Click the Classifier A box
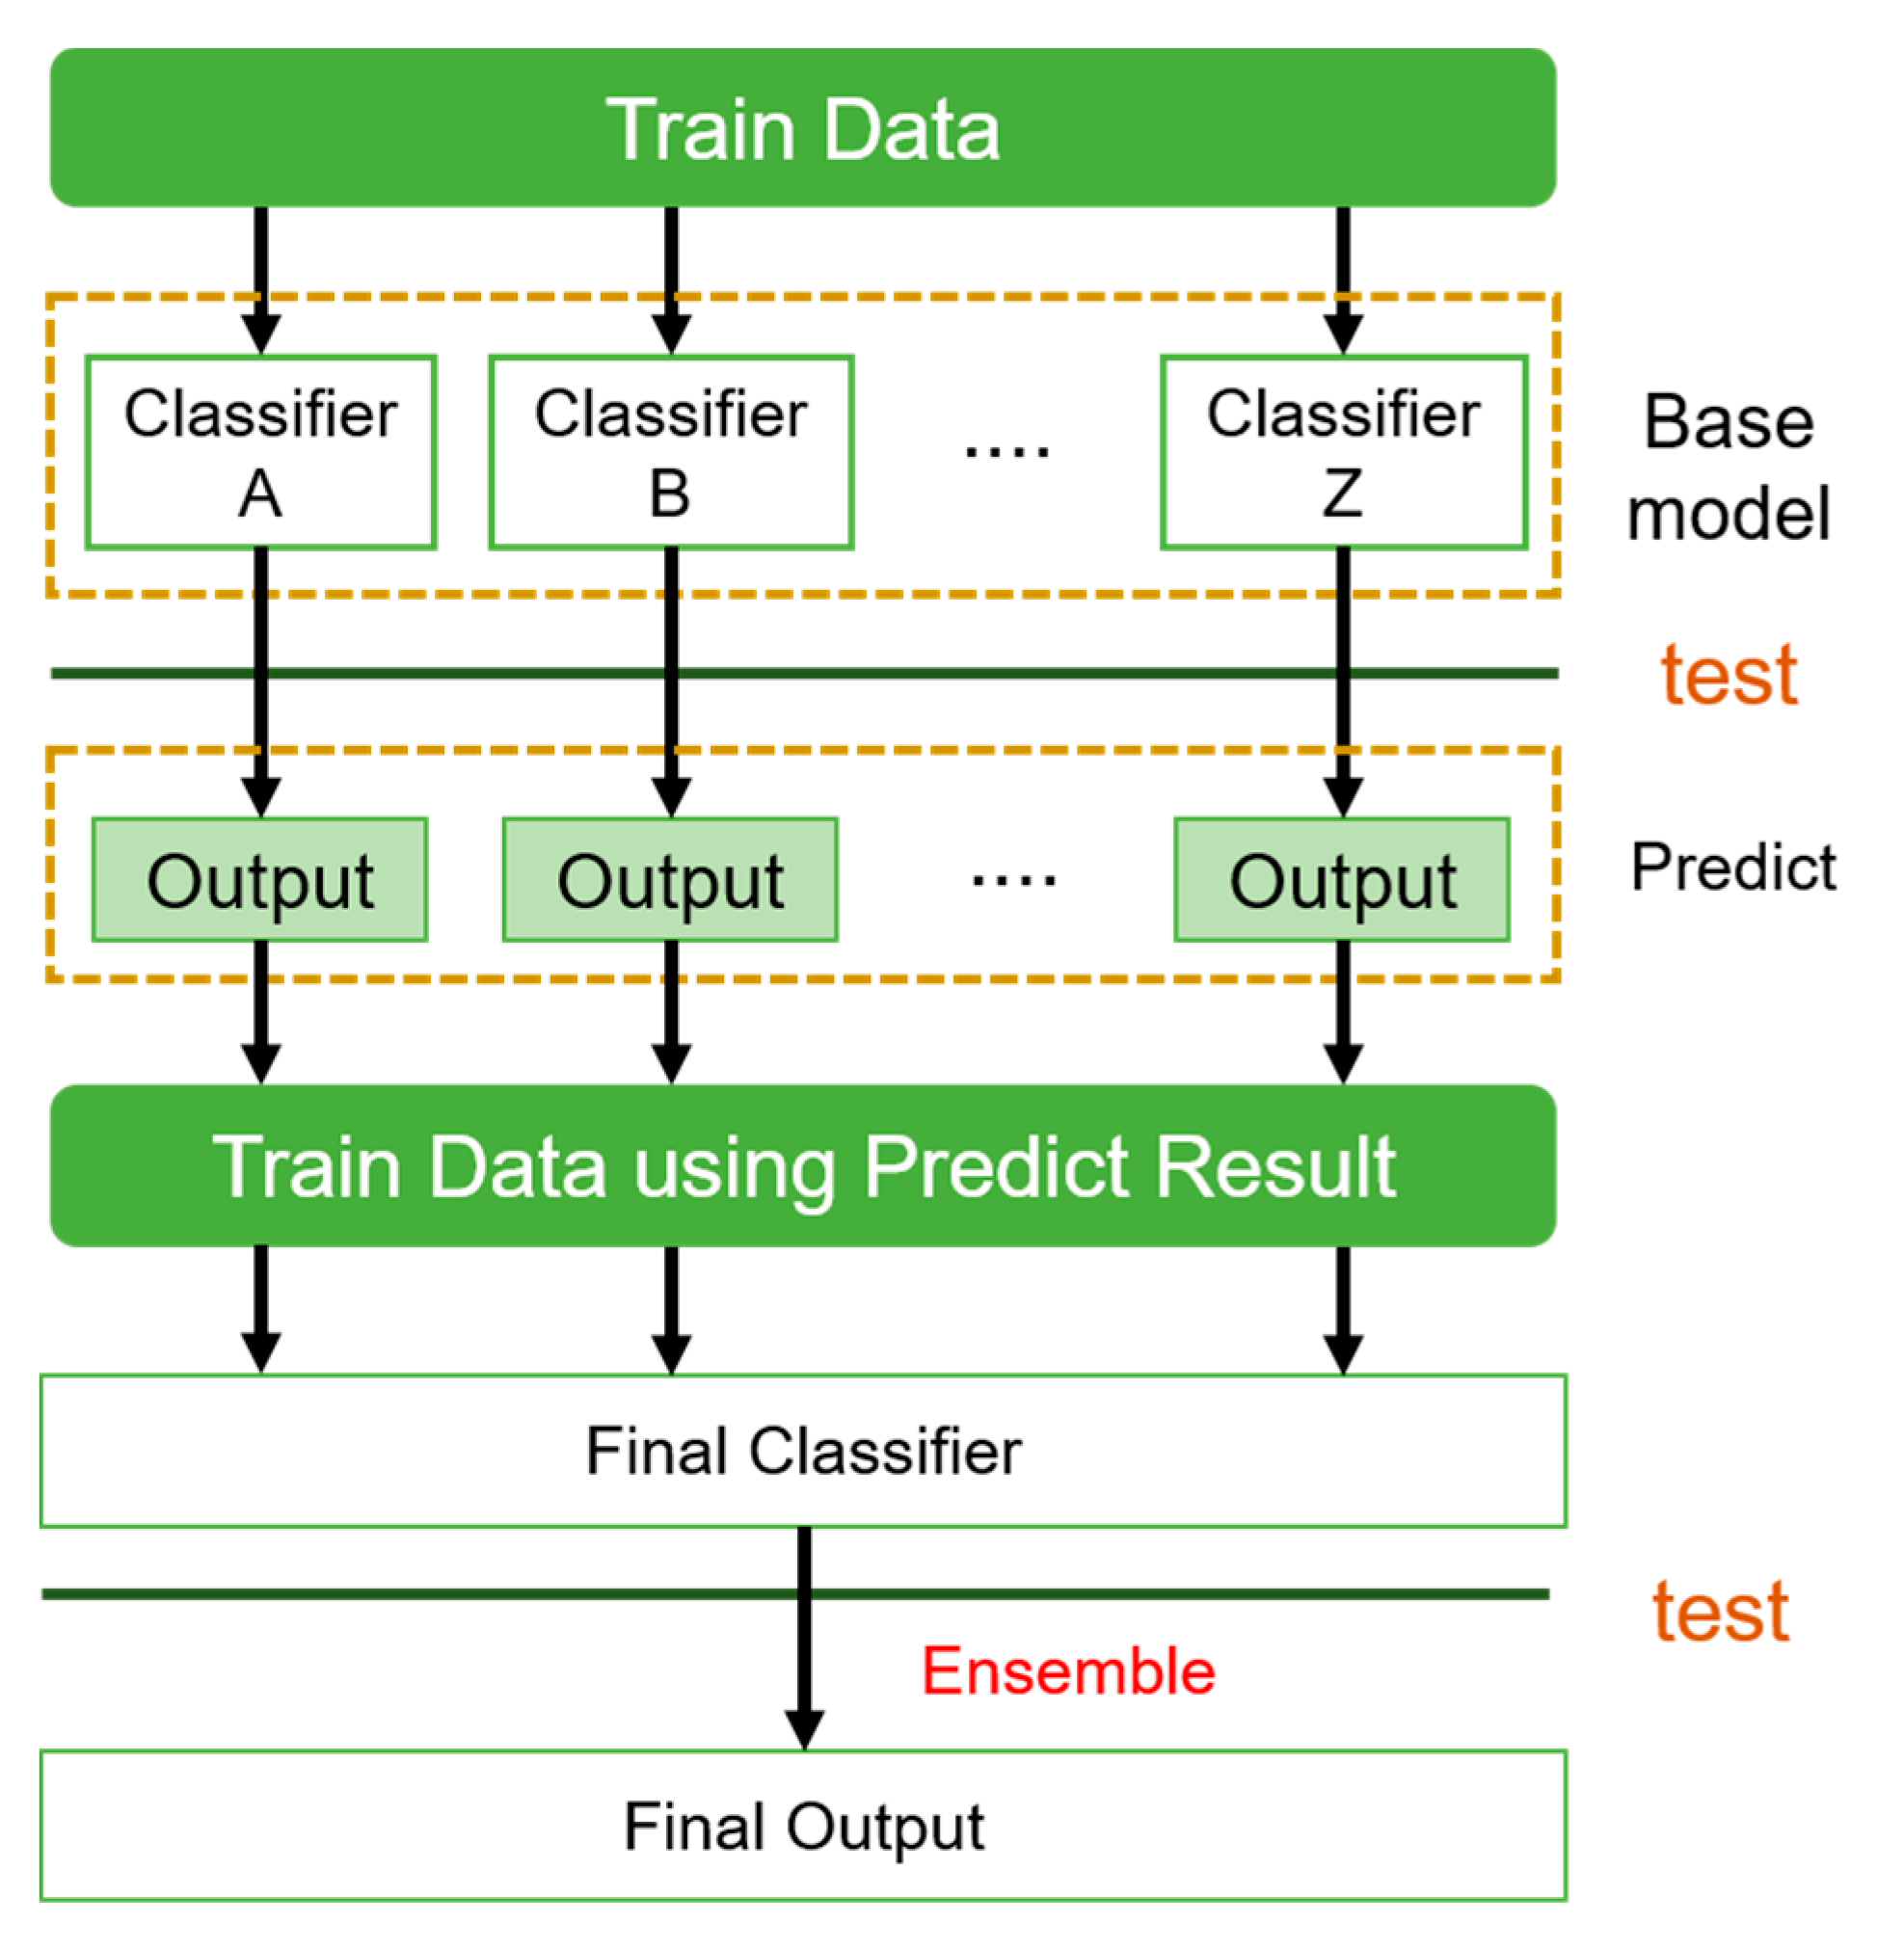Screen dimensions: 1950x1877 [260, 452]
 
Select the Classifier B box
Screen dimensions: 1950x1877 [672, 452]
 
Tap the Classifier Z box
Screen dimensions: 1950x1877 [1344, 452]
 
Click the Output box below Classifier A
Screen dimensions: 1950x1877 [259, 880]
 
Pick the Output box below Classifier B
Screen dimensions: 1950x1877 [671, 880]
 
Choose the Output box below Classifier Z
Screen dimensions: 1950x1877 [1343, 880]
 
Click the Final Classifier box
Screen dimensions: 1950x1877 [804, 1452]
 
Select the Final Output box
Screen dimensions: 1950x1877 [804, 1827]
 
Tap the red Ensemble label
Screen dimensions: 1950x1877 [1068, 1671]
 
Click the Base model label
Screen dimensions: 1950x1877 [1729, 467]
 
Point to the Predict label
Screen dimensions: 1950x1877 [1732, 868]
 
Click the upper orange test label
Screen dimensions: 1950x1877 [1730, 676]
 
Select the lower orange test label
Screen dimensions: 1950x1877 [1721, 1613]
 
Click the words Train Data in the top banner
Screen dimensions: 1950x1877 [803, 129]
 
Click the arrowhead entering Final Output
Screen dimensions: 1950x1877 [804, 1729]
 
